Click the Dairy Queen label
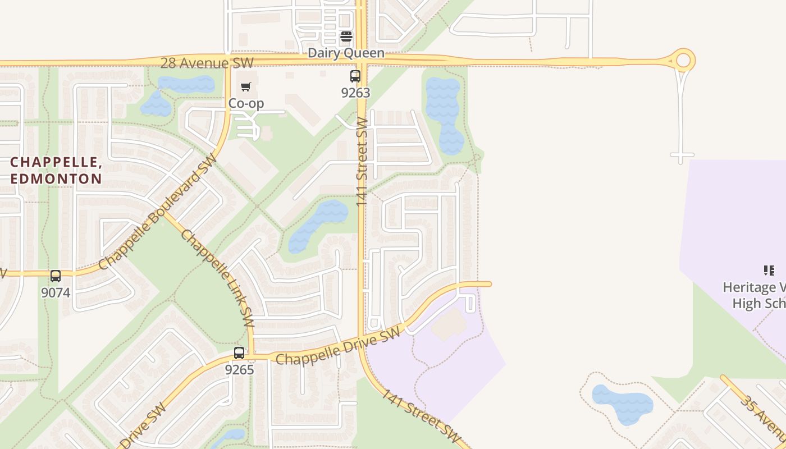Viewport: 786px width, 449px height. pos(346,53)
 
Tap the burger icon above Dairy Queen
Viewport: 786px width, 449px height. pos(346,37)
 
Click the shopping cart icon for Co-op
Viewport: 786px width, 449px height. pos(245,86)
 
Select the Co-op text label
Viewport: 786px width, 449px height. pos(246,103)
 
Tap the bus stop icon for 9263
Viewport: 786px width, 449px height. pos(355,76)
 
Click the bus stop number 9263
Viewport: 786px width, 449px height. pos(355,93)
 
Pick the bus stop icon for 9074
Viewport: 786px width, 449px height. pos(56,276)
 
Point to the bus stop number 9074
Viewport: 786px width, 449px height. pos(56,292)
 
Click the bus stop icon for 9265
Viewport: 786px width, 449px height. pos(239,353)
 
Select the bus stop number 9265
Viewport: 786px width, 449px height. pos(240,370)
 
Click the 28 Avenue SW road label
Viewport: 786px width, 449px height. pos(207,62)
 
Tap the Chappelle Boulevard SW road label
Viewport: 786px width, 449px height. pos(158,213)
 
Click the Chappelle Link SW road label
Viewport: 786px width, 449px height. pos(218,278)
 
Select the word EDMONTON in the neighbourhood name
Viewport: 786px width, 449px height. pos(56,179)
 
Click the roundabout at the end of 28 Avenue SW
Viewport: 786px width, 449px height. pos(683,61)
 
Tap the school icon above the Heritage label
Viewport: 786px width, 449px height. pos(769,271)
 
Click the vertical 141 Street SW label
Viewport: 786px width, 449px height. pos(362,161)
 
